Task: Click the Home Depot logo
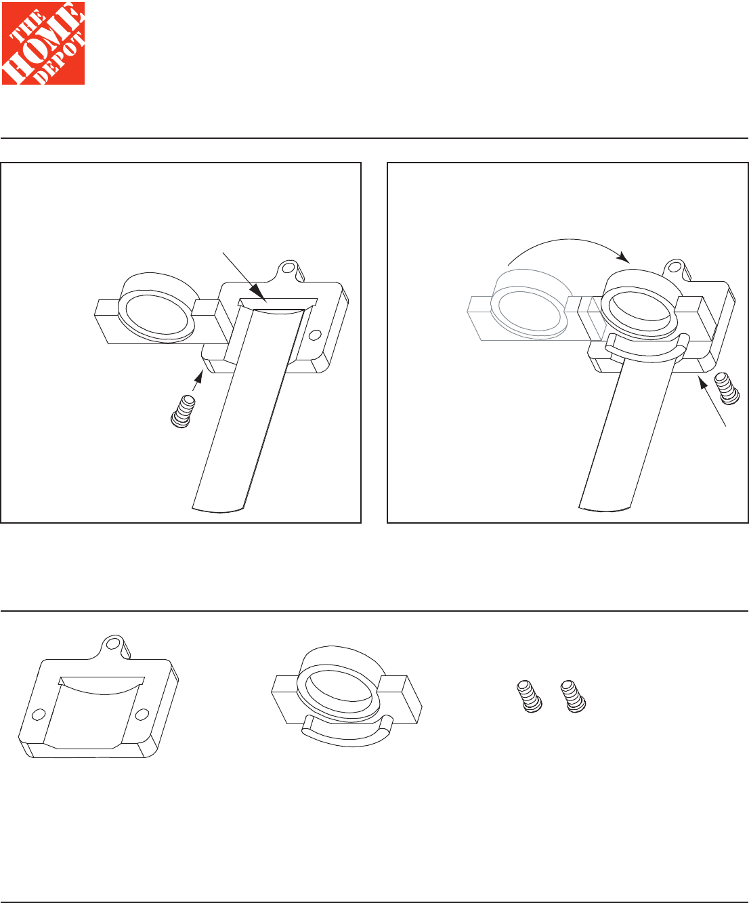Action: click(x=43, y=43)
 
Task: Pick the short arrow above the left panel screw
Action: click(x=197, y=381)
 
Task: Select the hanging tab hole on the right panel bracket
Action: click(x=675, y=267)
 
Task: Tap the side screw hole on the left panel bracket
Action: click(x=316, y=335)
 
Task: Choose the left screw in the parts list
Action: click(x=530, y=696)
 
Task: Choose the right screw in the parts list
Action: click(x=573, y=696)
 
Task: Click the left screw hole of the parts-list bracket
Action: click(x=39, y=714)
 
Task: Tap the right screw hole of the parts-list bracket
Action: click(x=142, y=715)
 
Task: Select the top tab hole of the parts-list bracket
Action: click(x=113, y=643)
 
